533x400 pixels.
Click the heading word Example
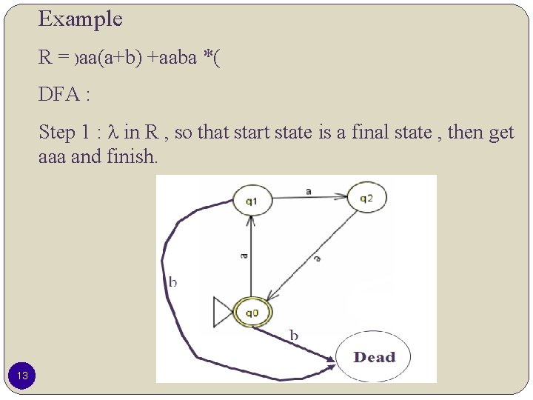tap(80, 19)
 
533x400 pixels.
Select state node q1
tap(251, 199)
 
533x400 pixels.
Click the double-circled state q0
tap(252, 312)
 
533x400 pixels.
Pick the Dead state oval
tap(374, 357)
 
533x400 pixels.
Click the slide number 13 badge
tap(23, 376)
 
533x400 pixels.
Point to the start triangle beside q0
tap(222, 312)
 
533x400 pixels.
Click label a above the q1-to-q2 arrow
tap(308, 191)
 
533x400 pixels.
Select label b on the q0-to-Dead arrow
tap(293, 336)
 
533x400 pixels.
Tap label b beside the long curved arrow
tap(172, 281)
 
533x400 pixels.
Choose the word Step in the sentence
tap(57, 133)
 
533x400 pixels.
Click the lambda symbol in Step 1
tap(113, 133)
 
